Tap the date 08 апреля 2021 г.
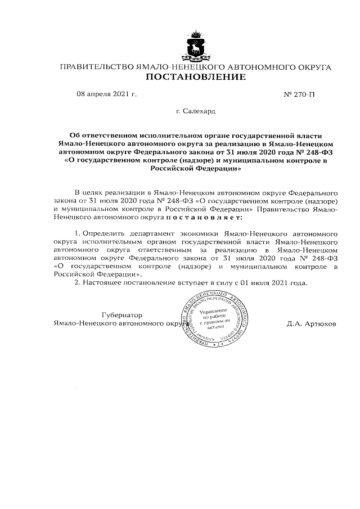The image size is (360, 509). [x=106, y=94]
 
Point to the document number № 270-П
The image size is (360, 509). [x=300, y=95]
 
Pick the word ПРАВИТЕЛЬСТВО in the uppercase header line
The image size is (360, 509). [x=96, y=67]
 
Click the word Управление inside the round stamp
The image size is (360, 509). [x=213, y=310]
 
